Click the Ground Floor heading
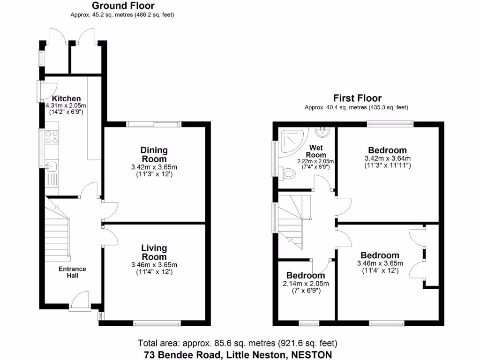[122, 6]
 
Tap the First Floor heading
[357, 98]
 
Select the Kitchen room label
[66, 98]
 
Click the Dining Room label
[154, 154]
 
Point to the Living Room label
[154, 252]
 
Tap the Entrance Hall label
[72, 272]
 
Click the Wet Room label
[315, 151]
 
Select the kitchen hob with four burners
[52, 136]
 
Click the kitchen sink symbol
[51, 166]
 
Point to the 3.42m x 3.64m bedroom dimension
[387, 158]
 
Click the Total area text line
[237, 343]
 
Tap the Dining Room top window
[154, 124]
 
